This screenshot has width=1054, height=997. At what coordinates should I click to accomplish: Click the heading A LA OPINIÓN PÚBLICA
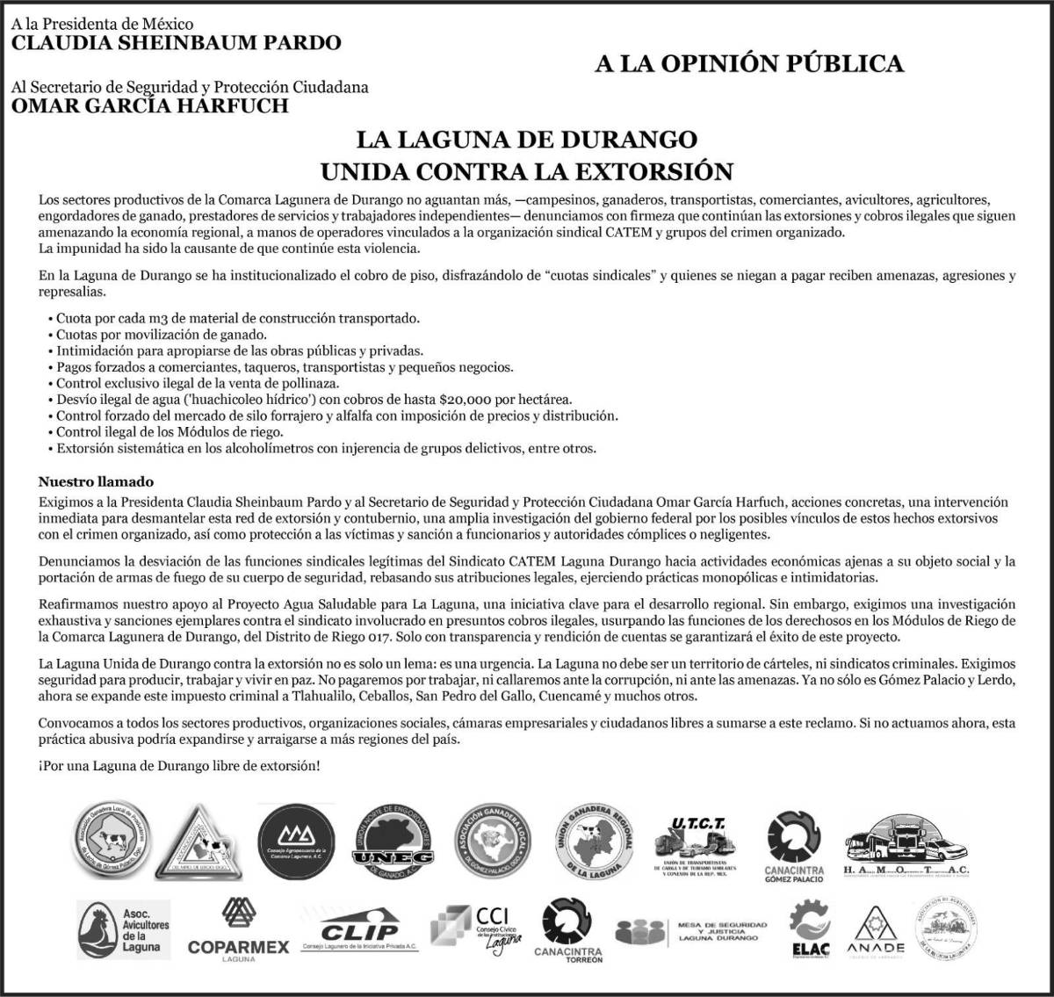[748, 63]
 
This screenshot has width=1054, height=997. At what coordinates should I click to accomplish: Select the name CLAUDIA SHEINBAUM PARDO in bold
[176, 42]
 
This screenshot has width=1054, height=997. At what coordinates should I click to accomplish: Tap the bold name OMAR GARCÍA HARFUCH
[149, 106]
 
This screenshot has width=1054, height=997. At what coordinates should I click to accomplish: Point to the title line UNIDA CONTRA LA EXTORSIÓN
[526, 170]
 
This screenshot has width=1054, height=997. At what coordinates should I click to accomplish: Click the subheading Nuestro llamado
[96, 482]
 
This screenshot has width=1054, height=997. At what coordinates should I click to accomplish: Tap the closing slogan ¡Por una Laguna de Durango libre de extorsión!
[179, 766]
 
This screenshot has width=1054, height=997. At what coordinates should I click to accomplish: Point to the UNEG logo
[394, 849]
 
